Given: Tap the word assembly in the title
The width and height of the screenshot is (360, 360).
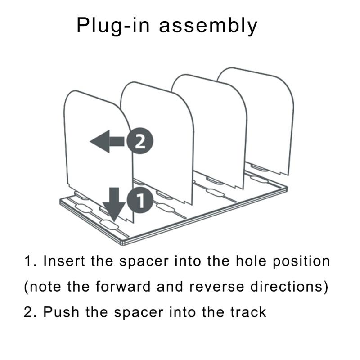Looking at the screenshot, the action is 208,26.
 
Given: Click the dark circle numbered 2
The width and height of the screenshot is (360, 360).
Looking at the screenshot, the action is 140,141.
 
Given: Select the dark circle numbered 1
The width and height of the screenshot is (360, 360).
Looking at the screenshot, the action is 140,200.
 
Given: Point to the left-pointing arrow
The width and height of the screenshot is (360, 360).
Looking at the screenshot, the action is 107,141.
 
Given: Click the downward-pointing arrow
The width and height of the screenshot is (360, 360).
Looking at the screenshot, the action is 114,204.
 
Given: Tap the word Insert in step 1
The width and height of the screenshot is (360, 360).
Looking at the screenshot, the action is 64,261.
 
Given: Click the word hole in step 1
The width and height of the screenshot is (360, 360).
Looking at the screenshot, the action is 251,261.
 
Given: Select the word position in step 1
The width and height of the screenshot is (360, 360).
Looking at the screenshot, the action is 301,262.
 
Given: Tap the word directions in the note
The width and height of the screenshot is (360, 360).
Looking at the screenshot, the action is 287,287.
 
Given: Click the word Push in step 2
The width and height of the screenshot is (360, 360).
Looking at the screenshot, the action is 61,312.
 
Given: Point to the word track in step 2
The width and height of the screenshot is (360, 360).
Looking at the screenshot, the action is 248,312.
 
